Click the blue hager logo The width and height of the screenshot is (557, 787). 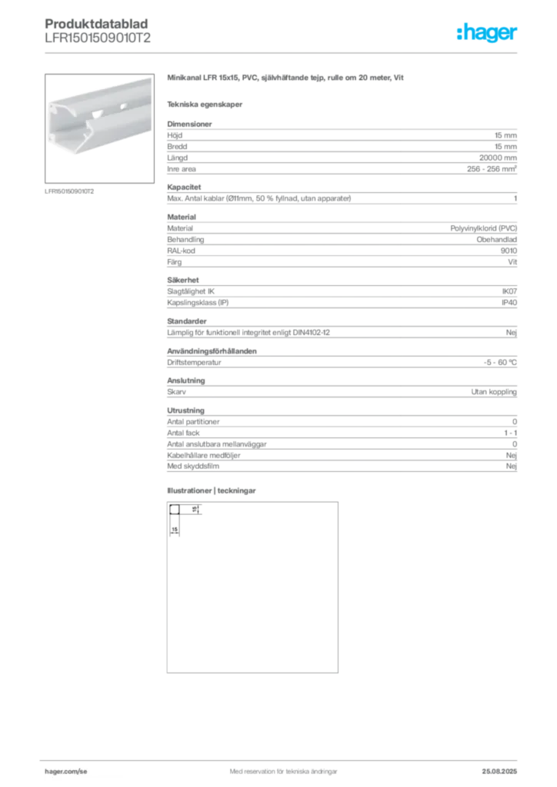[489, 34]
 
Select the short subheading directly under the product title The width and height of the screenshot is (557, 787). [206, 104]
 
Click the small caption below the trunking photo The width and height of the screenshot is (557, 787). [71, 191]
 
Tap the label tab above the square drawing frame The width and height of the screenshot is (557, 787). [212, 492]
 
